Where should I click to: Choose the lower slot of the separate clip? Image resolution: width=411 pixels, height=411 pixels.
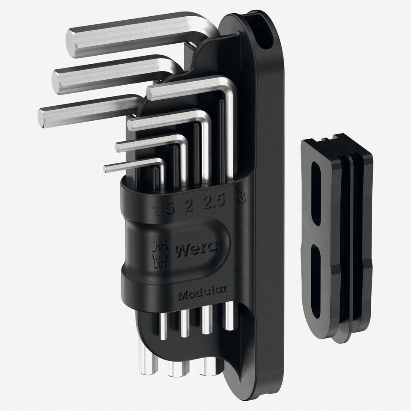point(316,280)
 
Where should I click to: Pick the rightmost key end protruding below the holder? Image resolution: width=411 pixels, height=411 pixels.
point(229,317)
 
